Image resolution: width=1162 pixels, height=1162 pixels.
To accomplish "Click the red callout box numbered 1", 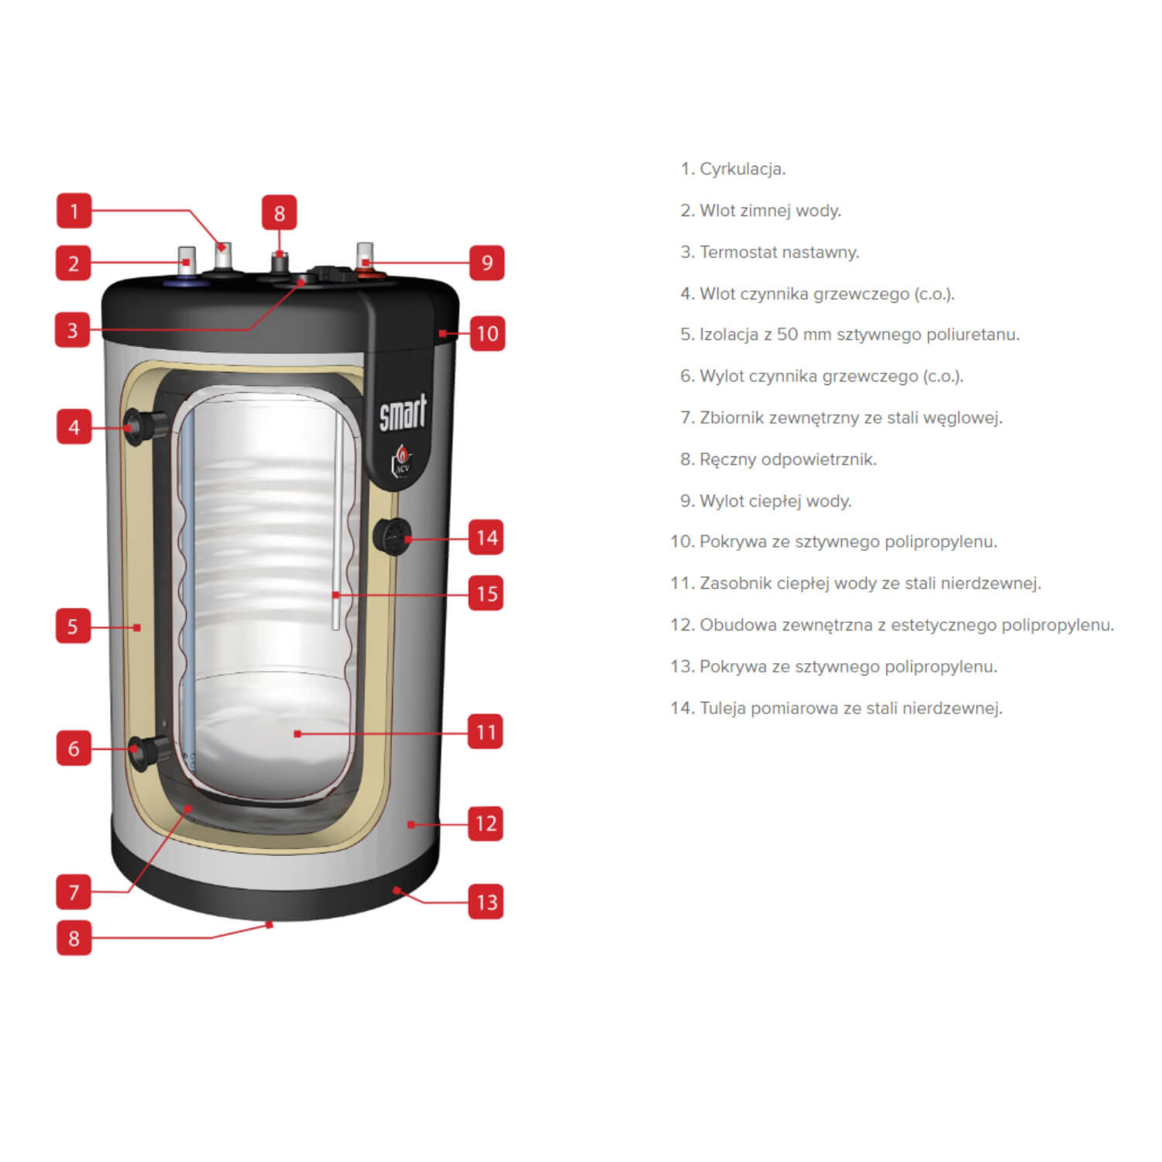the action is pyautogui.click(x=74, y=211).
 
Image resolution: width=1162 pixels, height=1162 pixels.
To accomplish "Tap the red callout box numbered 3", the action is pyautogui.click(x=73, y=330).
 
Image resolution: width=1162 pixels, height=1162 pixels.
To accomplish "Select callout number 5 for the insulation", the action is pyautogui.click(x=73, y=626).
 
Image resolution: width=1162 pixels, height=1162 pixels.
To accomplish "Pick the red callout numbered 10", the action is pyautogui.click(x=487, y=333).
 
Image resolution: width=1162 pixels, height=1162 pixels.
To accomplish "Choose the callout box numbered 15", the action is pyautogui.click(x=486, y=593).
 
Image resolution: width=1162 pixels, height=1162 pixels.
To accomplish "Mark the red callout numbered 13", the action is pyautogui.click(x=486, y=902).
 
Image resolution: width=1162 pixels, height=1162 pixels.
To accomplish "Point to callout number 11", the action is pyautogui.click(x=486, y=731).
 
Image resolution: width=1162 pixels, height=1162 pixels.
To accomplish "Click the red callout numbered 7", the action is pyautogui.click(x=74, y=892).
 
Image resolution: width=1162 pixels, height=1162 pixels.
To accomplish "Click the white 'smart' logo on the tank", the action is pyautogui.click(x=403, y=412).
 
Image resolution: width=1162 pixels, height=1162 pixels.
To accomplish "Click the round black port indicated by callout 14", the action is pyautogui.click(x=393, y=535).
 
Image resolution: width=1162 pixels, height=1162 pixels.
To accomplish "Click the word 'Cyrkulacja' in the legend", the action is pyautogui.click(x=742, y=169).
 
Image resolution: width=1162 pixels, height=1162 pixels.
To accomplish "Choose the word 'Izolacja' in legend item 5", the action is pyautogui.click(x=729, y=335).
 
